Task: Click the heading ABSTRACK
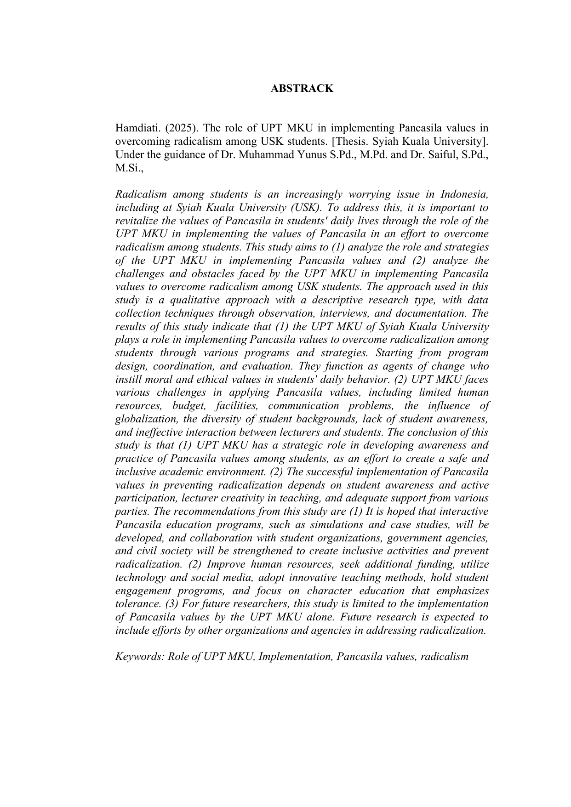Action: point(302,88)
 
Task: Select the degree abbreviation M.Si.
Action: point(129,168)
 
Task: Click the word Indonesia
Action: point(464,194)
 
